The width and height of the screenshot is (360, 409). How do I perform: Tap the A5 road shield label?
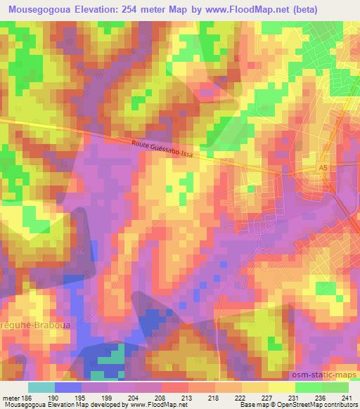(x=323, y=169)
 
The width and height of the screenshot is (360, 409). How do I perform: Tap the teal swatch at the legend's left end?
(x=41, y=387)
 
